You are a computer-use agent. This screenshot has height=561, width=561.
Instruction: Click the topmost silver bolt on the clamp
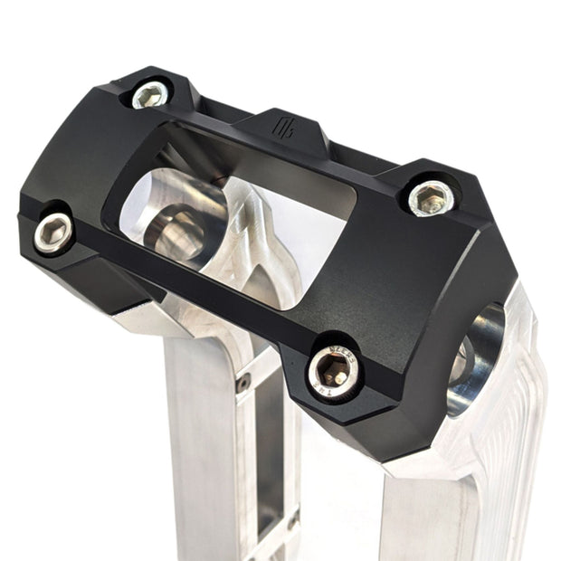coord(150,94)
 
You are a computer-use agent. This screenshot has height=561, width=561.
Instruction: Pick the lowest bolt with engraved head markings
coord(333,371)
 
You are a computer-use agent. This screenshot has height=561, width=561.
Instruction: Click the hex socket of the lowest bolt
coord(333,372)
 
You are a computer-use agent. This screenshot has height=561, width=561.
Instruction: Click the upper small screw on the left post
coord(242,383)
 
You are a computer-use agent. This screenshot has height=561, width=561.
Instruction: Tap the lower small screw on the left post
coord(292,522)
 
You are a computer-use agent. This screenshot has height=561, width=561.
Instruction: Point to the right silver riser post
coord(452,507)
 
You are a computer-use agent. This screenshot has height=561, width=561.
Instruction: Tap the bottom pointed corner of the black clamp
coord(391,458)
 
